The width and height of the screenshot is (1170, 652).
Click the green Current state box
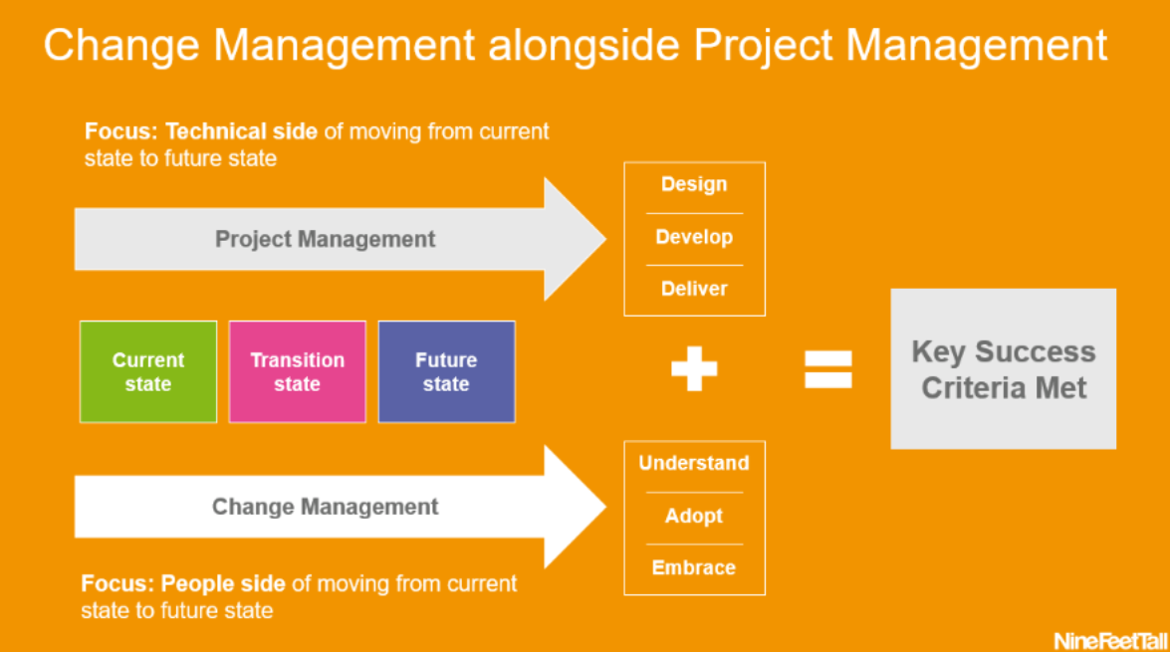[148, 371]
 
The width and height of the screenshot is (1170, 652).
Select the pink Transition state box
[298, 371]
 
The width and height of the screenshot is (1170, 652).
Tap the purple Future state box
[446, 371]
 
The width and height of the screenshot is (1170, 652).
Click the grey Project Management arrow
[326, 239]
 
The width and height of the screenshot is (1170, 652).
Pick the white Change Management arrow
[326, 507]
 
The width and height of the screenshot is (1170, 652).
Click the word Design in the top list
[694, 184]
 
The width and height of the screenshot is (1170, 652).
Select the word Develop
[694, 237]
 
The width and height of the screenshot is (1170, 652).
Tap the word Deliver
[694, 289]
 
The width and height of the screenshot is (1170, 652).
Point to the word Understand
[694, 463]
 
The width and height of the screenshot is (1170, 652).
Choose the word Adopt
[694, 516]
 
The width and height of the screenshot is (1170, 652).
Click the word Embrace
[694, 567]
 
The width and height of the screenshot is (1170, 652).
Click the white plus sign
[694, 369]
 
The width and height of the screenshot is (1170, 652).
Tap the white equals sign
[828, 369]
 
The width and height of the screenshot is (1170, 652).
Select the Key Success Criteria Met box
[1003, 369]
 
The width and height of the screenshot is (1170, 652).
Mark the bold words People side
[223, 583]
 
